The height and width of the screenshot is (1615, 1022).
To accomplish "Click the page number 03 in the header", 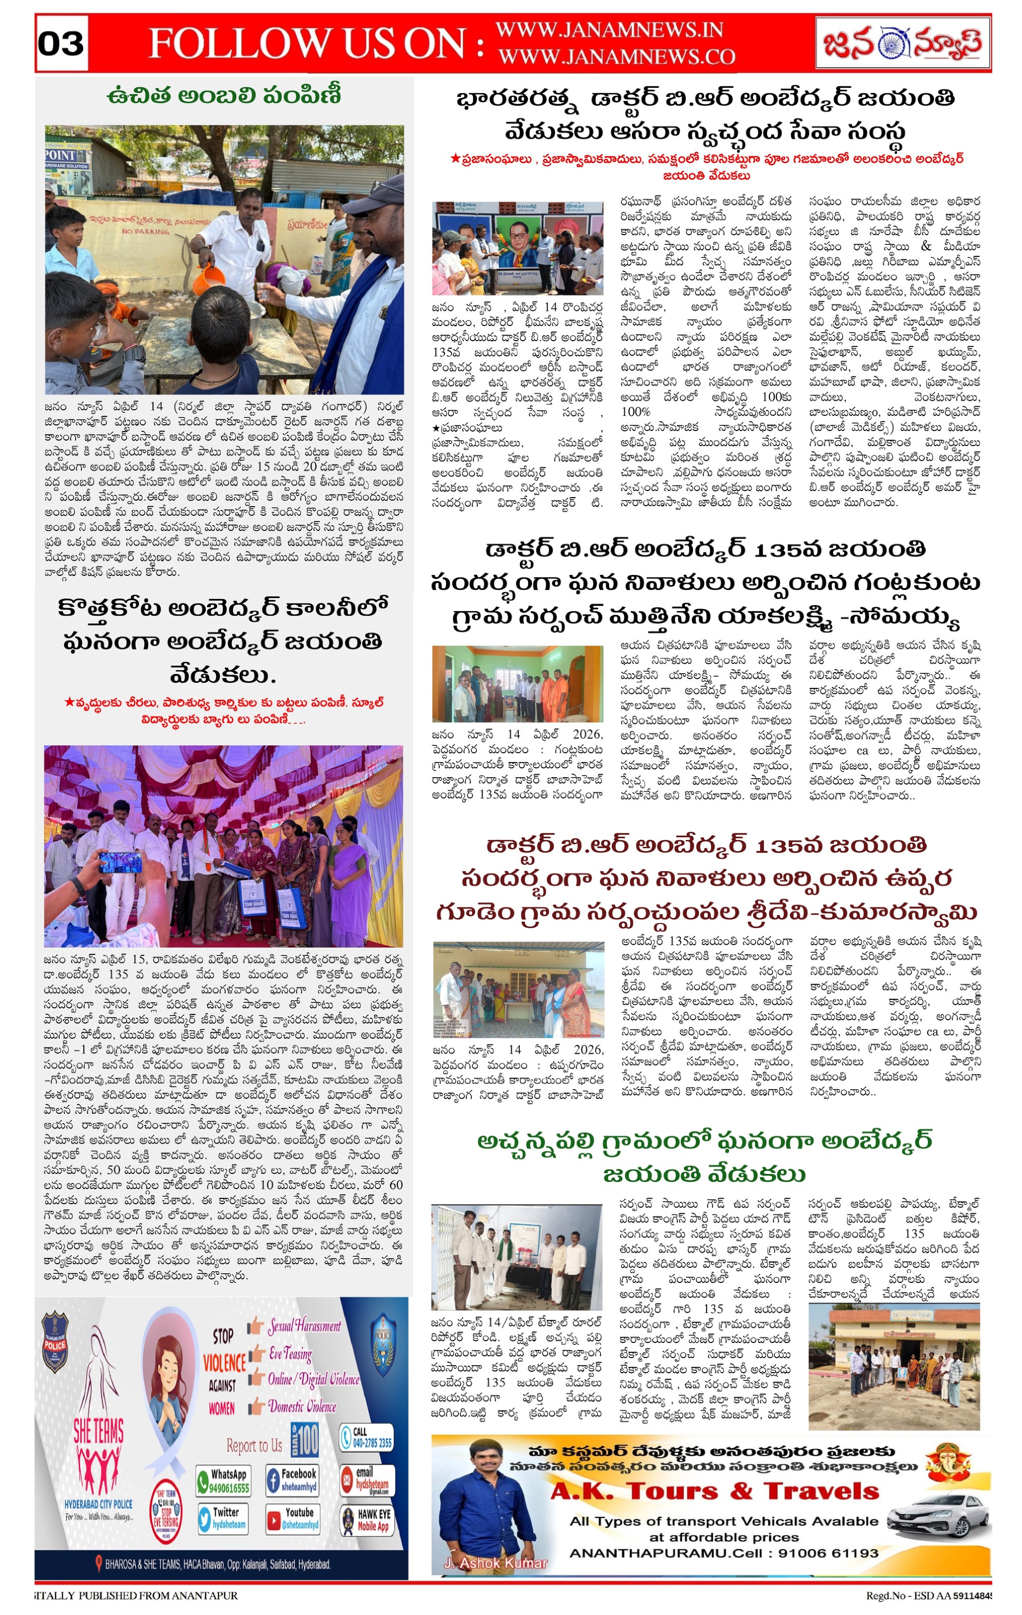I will (61, 44).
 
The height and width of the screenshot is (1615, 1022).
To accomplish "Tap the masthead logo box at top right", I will (902, 43).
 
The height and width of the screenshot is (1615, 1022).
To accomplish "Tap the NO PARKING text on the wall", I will (145, 231).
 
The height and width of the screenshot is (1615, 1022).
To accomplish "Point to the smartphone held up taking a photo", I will (121, 862).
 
